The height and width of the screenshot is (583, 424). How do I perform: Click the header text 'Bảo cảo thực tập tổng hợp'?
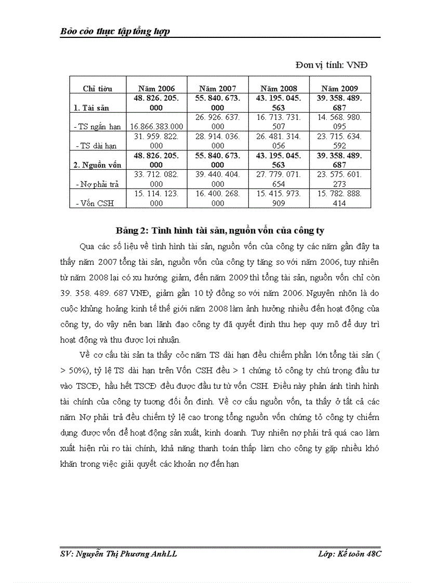pos(115,32)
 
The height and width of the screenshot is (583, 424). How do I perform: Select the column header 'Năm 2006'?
pos(156,88)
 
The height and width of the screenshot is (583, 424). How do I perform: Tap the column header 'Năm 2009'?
pos(339,88)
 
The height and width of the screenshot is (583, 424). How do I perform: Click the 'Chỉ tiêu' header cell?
pos(97,88)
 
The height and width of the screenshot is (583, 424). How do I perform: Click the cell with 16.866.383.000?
pos(156,127)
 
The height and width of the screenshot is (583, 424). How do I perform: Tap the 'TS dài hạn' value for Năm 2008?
pos(279,141)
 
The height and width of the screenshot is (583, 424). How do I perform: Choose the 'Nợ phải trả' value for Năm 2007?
pos(218,179)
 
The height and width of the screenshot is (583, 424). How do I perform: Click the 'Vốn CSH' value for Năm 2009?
pos(339,198)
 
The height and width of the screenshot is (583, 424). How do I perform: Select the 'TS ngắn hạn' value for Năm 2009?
pos(339,122)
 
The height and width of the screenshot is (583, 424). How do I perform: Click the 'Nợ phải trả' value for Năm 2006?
pos(156,179)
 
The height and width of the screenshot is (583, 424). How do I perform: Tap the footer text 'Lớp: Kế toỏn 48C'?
pos(350,554)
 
